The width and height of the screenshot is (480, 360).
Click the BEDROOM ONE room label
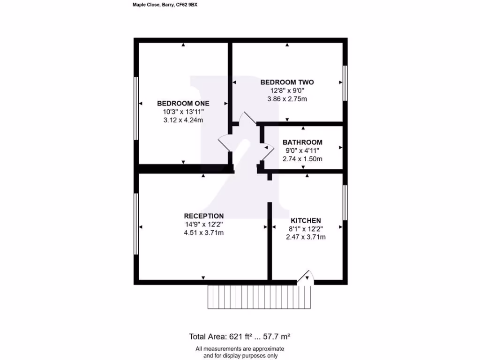(183, 103)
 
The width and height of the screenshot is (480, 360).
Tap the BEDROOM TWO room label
(287, 82)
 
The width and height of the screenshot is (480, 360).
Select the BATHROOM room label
(302, 142)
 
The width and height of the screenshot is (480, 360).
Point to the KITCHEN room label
(306, 220)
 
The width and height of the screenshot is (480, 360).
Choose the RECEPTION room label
(203, 216)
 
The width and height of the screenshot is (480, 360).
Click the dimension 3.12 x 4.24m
(183, 120)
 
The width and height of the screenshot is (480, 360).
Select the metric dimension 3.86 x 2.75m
(287, 99)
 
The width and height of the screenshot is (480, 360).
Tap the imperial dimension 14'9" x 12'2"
(203, 224)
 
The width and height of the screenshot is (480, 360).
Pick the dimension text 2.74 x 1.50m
(302, 159)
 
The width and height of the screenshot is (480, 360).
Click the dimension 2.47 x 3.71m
(306, 237)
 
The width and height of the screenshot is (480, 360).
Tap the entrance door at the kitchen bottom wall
(305, 277)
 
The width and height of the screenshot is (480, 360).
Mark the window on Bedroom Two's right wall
(345, 83)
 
